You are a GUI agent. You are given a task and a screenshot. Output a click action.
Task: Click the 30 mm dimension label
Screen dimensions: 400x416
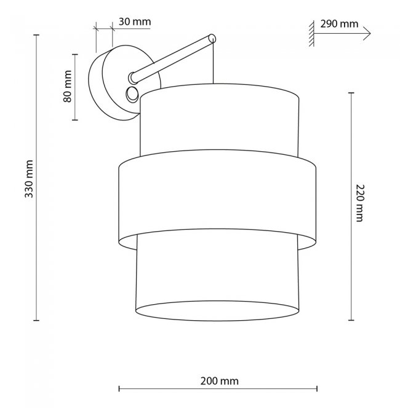(x=135, y=22)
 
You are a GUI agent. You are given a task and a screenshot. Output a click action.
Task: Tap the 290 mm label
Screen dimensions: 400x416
(x=339, y=24)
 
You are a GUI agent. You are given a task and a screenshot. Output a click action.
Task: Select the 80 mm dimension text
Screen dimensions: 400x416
(x=68, y=87)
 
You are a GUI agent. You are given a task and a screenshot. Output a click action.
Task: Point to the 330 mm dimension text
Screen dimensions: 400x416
(x=29, y=179)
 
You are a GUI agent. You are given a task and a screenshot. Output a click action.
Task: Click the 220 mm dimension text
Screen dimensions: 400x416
(x=359, y=203)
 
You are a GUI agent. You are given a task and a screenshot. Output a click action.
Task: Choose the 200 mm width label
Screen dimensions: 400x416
(x=219, y=381)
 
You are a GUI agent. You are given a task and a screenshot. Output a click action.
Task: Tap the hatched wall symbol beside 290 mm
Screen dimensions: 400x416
(x=311, y=34)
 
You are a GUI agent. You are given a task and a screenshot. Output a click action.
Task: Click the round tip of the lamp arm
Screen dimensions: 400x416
(x=212, y=39)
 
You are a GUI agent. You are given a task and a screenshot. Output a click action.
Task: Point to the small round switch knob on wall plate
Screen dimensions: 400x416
(x=132, y=94)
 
